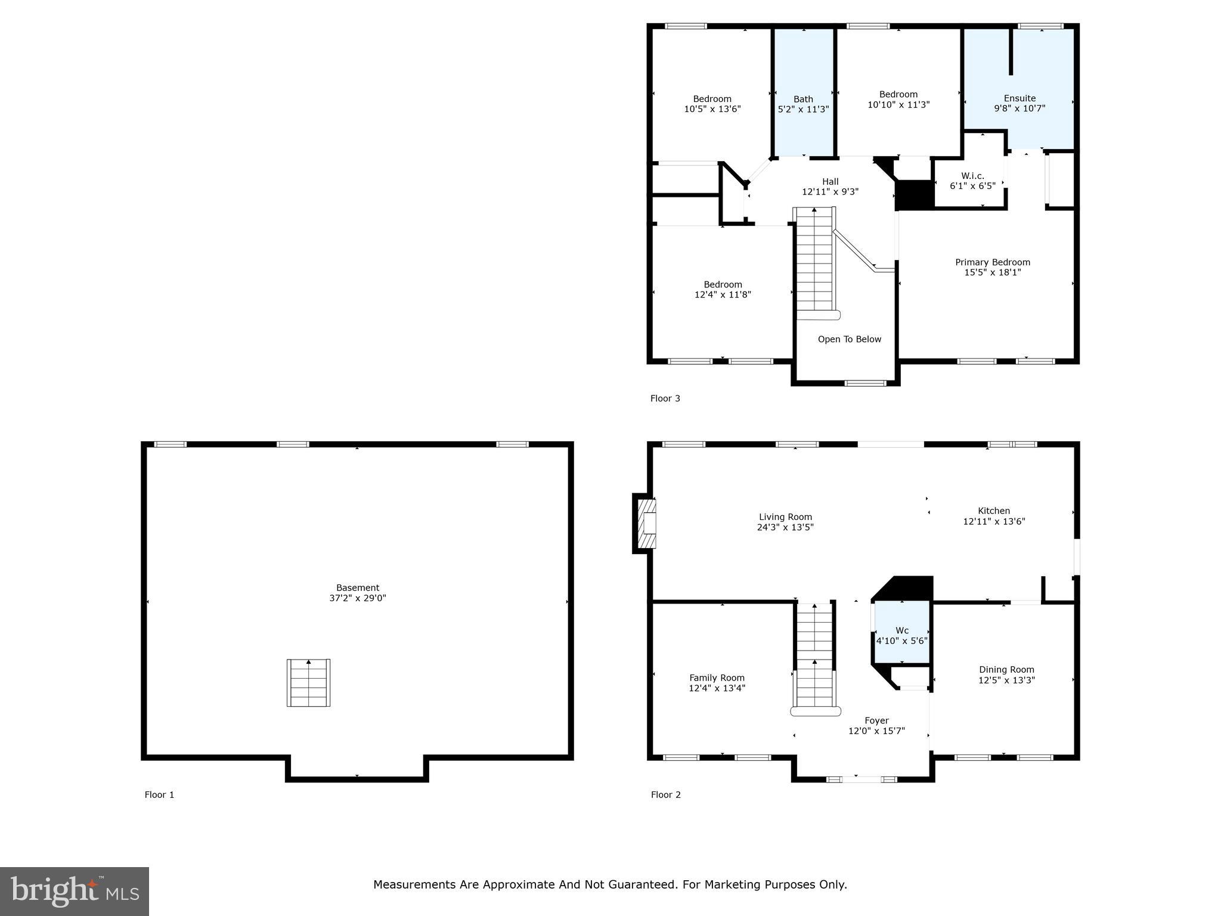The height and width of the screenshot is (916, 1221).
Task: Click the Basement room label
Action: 357,587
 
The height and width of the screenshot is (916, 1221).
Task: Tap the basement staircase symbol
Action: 308,683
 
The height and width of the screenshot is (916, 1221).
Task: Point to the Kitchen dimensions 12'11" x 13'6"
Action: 994,521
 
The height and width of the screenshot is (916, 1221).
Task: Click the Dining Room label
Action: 1006,670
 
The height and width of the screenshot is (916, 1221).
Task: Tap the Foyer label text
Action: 876,720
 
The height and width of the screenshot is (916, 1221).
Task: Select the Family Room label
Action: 717,677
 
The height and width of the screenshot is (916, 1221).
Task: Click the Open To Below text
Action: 849,339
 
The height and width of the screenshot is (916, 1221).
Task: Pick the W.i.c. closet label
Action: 972,176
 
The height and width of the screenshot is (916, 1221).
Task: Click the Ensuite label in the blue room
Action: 1019,98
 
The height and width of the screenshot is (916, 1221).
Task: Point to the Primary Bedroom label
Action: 993,262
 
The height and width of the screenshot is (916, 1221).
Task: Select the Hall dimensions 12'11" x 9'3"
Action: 830,192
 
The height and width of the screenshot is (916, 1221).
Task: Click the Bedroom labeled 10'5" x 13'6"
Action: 712,104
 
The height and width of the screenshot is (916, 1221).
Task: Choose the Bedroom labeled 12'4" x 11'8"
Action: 723,289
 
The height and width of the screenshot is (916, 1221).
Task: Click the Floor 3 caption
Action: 665,398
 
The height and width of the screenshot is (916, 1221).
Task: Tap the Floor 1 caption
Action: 159,794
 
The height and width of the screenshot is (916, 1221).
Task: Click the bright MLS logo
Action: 74,891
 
